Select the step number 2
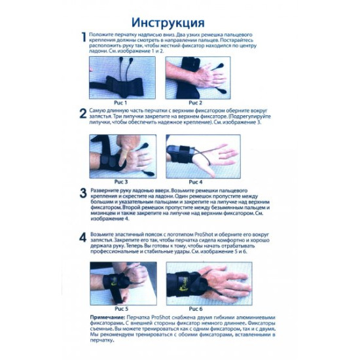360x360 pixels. (83, 114)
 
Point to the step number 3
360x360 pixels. (83, 193)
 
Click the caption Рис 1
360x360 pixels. (122, 103)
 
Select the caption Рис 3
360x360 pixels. (122, 181)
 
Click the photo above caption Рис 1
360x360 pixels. (122, 77)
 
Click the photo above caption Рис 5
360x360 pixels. (122, 281)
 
